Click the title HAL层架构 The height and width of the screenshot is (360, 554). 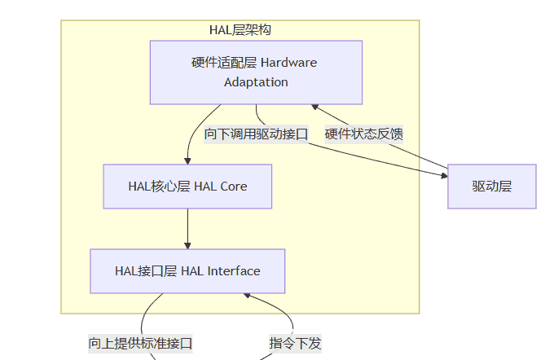pos(240,30)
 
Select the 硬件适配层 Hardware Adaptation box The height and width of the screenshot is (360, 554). pos(256,72)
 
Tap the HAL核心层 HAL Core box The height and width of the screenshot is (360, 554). pos(187,187)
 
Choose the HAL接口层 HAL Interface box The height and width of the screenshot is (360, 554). pos(187,271)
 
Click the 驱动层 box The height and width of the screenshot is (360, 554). pos(491,187)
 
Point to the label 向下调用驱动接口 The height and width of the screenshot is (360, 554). pos(256,134)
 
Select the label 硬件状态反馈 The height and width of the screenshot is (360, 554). pos(364,134)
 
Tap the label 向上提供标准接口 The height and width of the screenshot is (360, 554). pos(140,343)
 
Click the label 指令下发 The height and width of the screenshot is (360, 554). pos(296,343)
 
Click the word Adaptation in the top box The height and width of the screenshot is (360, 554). pos(256,82)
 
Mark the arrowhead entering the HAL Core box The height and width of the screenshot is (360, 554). pos(187,160)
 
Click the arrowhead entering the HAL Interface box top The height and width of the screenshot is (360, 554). pos(187,245)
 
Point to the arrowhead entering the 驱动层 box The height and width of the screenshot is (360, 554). pos(444,173)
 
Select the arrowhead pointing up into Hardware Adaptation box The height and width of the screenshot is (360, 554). pos(315,108)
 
